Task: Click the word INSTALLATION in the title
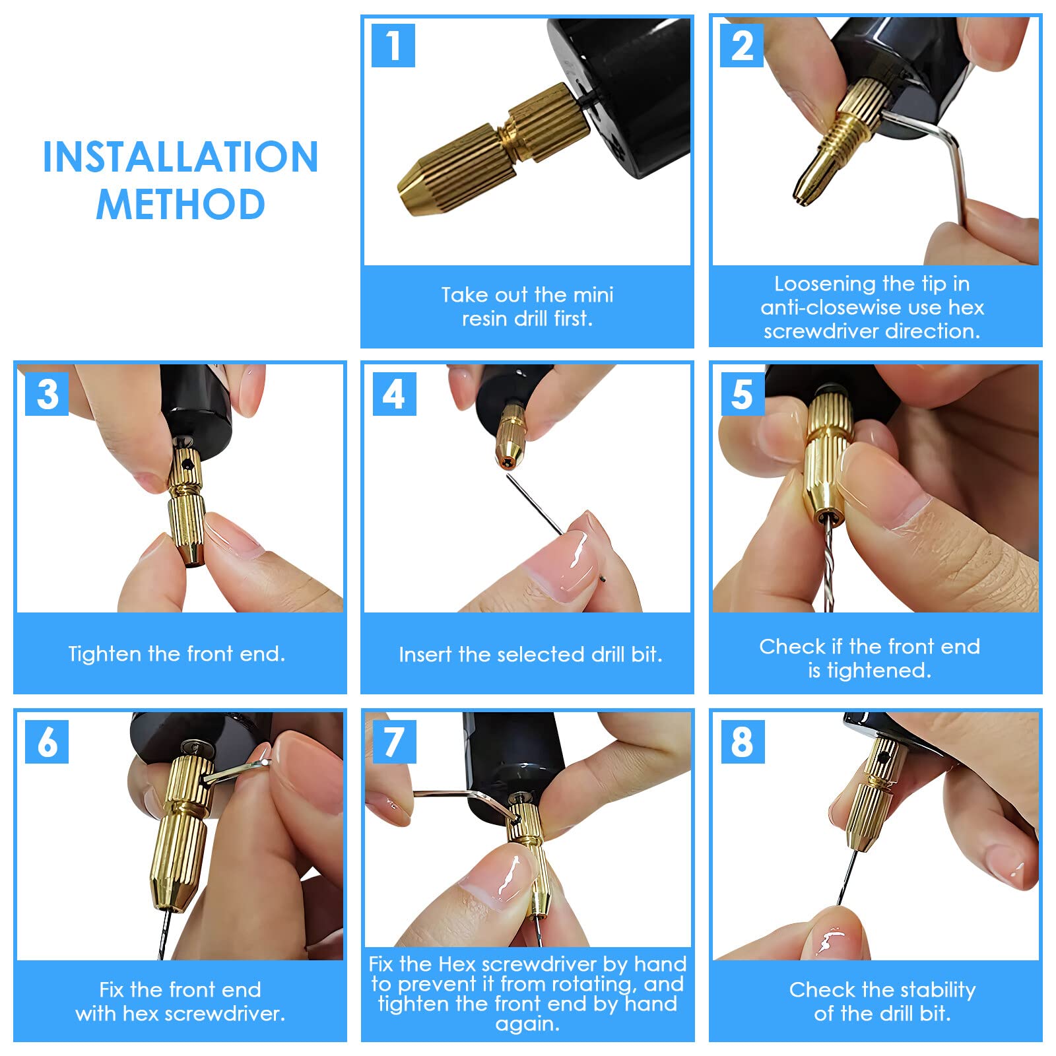(180, 157)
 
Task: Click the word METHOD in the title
(180, 204)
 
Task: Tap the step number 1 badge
(393, 46)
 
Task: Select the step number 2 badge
(742, 46)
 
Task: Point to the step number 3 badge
(47, 394)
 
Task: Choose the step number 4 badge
(395, 394)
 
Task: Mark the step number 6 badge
(47, 742)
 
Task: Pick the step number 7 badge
(395, 742)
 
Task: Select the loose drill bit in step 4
(535, 505)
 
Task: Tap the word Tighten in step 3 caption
(106, 654)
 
